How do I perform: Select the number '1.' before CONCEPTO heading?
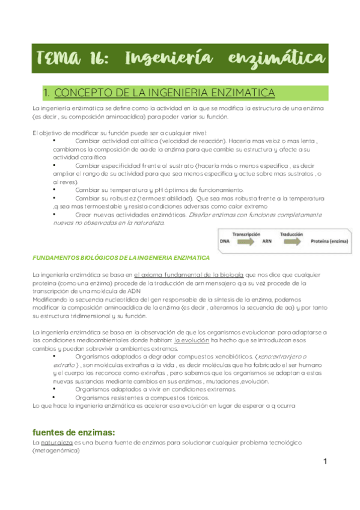pos(47,93)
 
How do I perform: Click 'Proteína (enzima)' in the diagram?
pos(331,241)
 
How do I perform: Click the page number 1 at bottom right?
pos(325,462)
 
